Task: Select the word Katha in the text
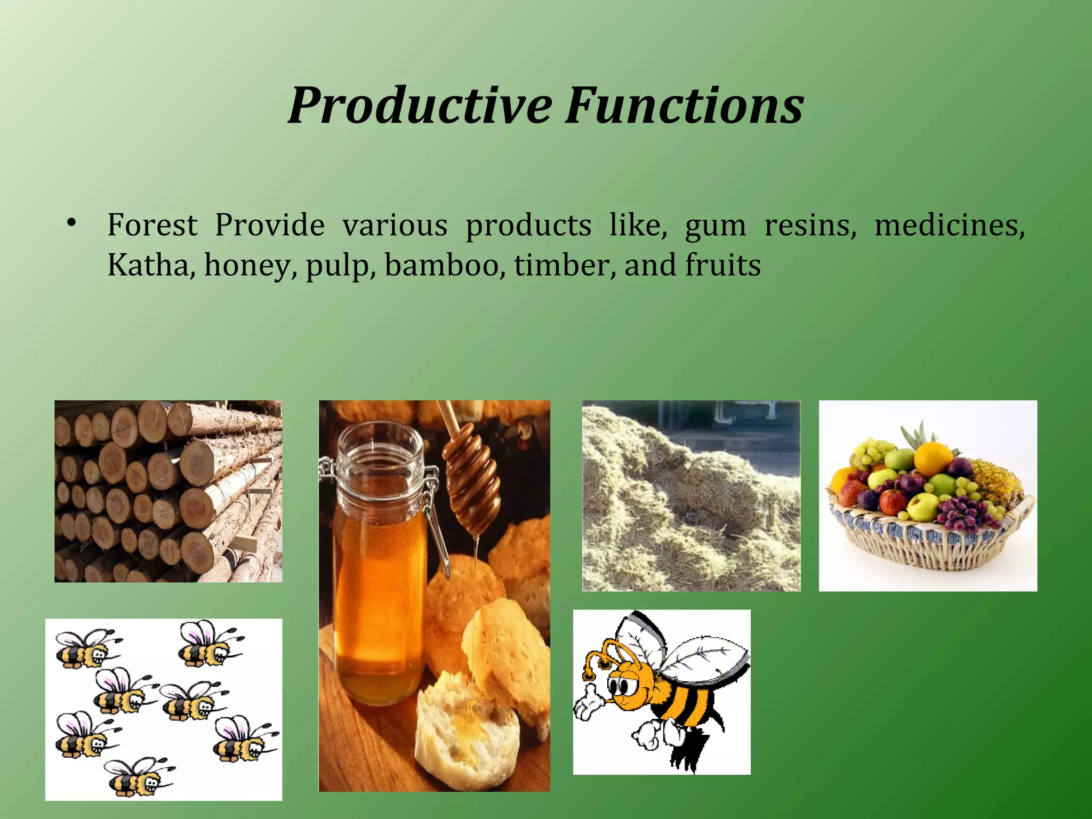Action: [148, 265]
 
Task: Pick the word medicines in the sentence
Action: [949, 226]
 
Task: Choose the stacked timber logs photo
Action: [168, 491]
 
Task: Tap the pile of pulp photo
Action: [691, 496]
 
